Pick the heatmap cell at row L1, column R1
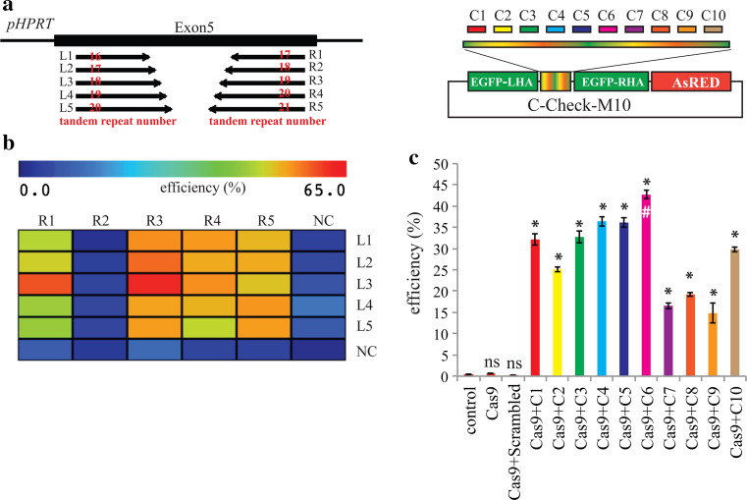pyautogui.click(x=45, y=240)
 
